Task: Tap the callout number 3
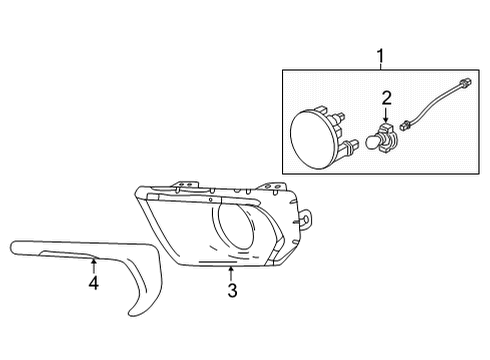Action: pyautogui.click(x=231, y=291)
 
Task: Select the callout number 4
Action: pyautogui.click(x=93, y=283)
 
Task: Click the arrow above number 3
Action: pyautogui.click(x=231, y=271)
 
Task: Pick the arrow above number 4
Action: pyautogui.click(x=93, y=264)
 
